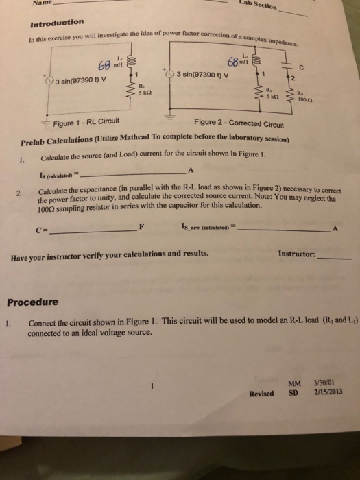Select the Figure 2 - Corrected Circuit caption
[235, 122]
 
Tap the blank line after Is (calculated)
[143, 173]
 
